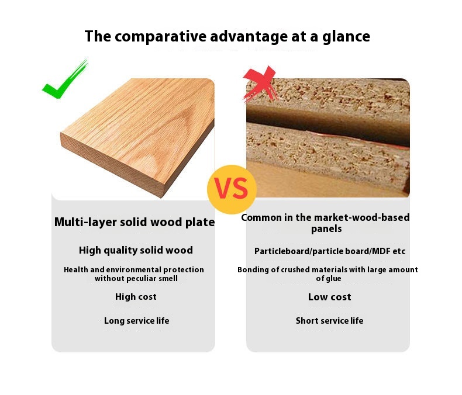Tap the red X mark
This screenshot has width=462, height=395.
[260, 84]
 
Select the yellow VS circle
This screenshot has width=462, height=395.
[232, 189]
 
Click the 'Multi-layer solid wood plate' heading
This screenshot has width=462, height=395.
[135, 222]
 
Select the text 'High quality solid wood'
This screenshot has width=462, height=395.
[136, 251]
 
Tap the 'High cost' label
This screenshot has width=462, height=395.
[136, 297]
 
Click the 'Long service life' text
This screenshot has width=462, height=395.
[136, 321]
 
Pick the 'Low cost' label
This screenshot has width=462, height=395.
[329, 297]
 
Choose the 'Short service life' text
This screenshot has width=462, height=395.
[329, 321]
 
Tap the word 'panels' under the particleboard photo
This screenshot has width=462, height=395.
[326, 229]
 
